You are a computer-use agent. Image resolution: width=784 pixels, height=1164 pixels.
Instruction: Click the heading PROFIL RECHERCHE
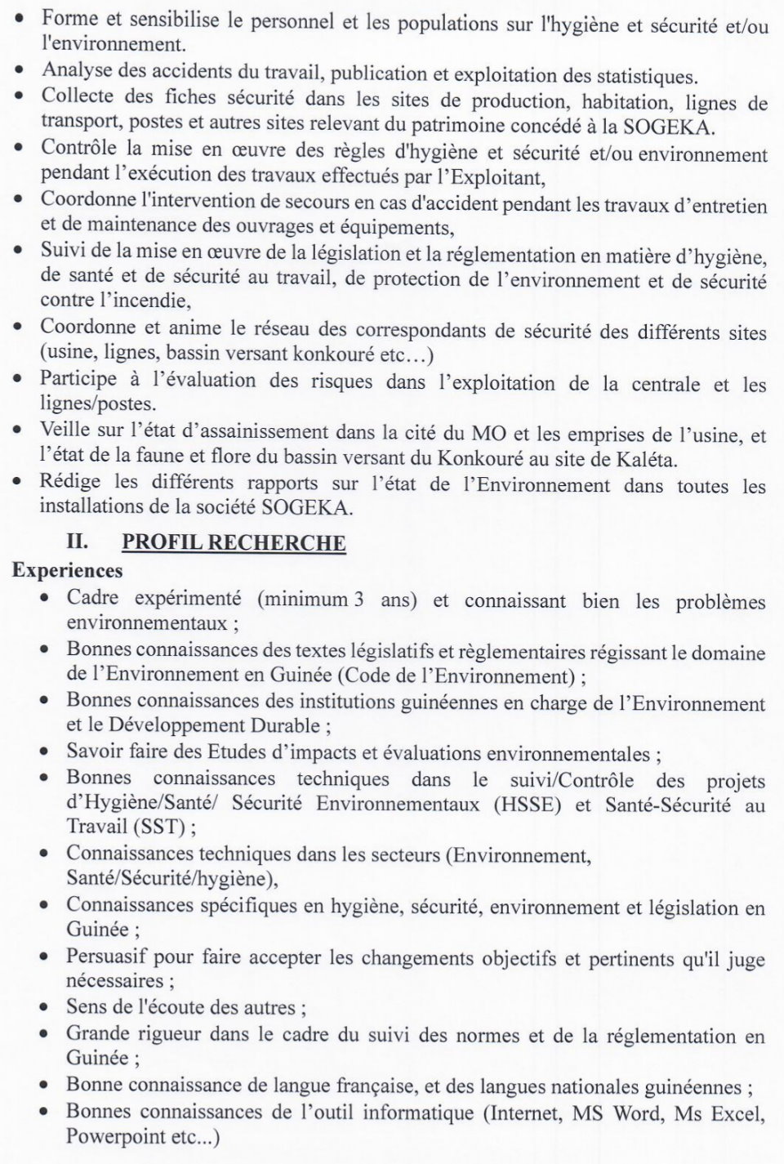(x=234, y=542)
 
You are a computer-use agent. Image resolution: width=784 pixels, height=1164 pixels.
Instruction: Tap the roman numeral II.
(x=77, y=542)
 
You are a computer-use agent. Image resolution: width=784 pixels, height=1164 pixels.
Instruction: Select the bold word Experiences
(x=67, y=570)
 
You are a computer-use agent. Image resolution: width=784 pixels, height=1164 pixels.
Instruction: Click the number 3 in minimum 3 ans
(x=359, y=599)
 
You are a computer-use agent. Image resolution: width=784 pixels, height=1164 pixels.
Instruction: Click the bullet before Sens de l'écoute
(x=46, y=1008)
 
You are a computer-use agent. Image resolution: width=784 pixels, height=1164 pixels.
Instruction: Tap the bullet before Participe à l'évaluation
(x=18, y=381)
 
